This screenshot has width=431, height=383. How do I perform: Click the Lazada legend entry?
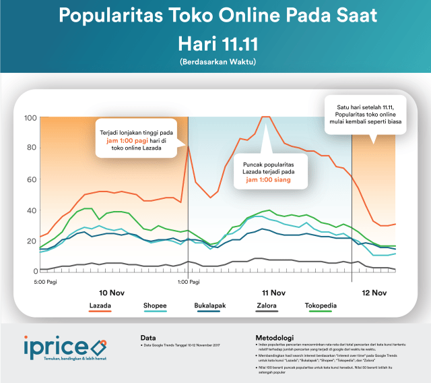100,305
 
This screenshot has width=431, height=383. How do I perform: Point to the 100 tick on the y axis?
30,118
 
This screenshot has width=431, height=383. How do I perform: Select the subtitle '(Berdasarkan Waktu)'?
215,62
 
